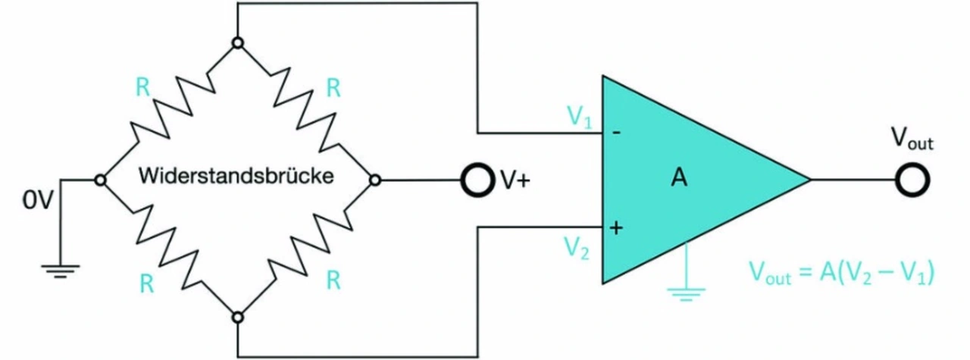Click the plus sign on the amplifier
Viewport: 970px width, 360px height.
tap(616, 227)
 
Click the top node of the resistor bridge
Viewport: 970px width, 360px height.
tap(237, 43)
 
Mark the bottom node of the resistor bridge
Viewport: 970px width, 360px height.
tap(237, 318)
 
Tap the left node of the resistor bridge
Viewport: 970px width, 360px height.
tap(99, 180)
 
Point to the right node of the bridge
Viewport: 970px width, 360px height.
tap(375, 180)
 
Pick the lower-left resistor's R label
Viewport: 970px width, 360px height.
tap(143, 281)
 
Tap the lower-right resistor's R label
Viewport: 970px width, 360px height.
tap(332, 281)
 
